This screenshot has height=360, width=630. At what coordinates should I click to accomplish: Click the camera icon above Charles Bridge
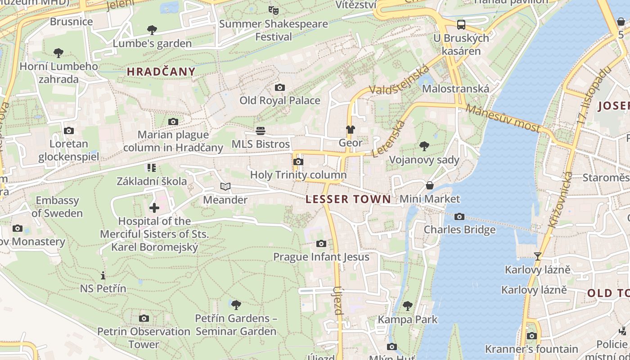pyautogui.click(x=459, y=217)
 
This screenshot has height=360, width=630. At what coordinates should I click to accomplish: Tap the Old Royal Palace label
pyautogui.click(x=279, y=100)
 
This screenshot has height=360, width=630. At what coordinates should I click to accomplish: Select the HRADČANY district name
pyautogui.click(x=161, y=72)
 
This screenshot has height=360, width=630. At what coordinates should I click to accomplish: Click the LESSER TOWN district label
pyautogui.click(x=348, y=199)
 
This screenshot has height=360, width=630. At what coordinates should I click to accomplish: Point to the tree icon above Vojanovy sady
pyautogui.click(x=424, y=146)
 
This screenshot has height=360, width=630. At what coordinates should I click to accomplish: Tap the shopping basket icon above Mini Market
pyautogui.click(x=430, y=185)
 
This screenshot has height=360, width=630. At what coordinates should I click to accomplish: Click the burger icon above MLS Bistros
pyautogui.click(x=261, y=131)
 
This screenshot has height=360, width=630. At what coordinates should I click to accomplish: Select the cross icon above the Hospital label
pyautogui.click(x=154, y=207)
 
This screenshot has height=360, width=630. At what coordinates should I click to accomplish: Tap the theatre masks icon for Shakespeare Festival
pyautogui.click(x=273, y=10)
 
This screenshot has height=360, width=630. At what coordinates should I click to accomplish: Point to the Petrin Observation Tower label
pyautogui.click(x=144, y=337)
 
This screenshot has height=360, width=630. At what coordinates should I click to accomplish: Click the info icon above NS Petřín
pyautogui.click(x=103, y=275)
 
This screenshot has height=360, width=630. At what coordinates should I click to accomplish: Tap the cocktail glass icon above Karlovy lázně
pyautogui.click(x=537, y=256)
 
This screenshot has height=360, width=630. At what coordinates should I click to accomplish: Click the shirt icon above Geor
pyautogui.click(x=350, y=130)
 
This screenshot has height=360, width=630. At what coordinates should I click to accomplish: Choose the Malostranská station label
pyautogui.click(x=455, y=89)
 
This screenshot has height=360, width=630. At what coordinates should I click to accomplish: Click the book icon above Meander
pyautogui.click(x=225, y=187)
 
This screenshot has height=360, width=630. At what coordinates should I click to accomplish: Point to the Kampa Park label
pyautogui.click(x=407, y=319)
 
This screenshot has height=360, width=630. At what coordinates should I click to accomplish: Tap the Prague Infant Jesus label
pyautogui.click(x=321, y=257)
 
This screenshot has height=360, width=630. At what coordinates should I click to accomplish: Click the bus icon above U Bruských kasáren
pyautogui.click(x=461, y=25)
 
